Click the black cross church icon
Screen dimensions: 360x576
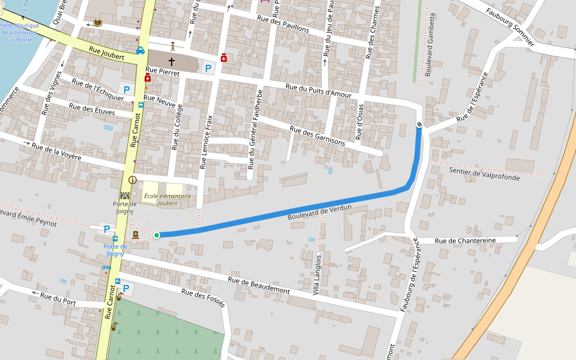[172, 62]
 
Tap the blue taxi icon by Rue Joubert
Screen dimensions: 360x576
[140, 51]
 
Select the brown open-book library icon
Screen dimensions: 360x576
[98, 23]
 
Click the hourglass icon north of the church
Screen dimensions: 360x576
[173, 45]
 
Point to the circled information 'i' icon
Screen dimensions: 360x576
[133, 179]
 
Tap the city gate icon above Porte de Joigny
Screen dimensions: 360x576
[125, 196]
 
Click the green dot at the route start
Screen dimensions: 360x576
[157, 235]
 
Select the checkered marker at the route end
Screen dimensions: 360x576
[419, 124]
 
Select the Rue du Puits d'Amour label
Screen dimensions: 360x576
[318, 91]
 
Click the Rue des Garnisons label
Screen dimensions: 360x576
[317, 136]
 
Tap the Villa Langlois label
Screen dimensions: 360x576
[317, 274]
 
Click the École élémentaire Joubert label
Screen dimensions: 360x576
[167, 199]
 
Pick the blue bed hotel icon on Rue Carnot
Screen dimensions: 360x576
[107, 268]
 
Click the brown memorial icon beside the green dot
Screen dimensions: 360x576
[136, 235]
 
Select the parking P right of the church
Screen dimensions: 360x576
[208, 68]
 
